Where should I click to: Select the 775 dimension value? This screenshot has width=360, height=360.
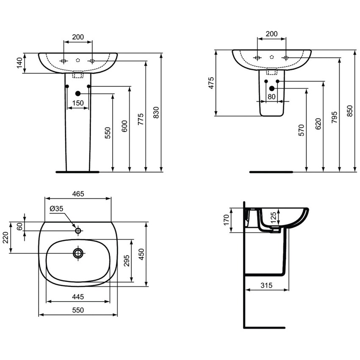click(141, 119)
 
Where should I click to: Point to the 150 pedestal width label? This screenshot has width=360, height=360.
click(78, 103)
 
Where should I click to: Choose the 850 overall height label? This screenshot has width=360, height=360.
click(349, 111)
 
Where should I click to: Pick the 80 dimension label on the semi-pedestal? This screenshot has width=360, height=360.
click(271, 97)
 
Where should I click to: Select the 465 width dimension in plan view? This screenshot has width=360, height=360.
click(78, 194)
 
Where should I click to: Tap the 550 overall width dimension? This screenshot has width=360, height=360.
click(78, 310)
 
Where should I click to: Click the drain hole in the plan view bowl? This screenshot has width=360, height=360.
click(78, 253)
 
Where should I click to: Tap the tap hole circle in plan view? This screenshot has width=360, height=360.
click(78, 231)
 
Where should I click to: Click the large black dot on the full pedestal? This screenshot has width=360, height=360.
click(78, 94)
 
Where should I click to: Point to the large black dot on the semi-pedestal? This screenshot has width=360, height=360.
click(272, 88)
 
